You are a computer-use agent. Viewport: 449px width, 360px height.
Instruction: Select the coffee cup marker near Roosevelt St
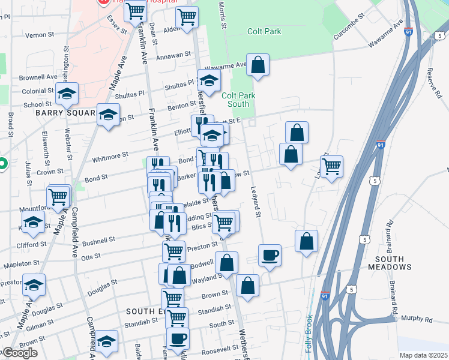tap(177, 338)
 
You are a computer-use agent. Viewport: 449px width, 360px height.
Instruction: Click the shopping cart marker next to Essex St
tap(136, 10)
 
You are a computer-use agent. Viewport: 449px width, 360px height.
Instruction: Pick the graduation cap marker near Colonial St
tap(67, 93)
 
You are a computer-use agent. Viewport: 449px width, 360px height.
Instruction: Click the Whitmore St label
tap(110, 155)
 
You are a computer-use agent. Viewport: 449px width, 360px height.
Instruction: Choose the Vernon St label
tap(40, 35)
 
